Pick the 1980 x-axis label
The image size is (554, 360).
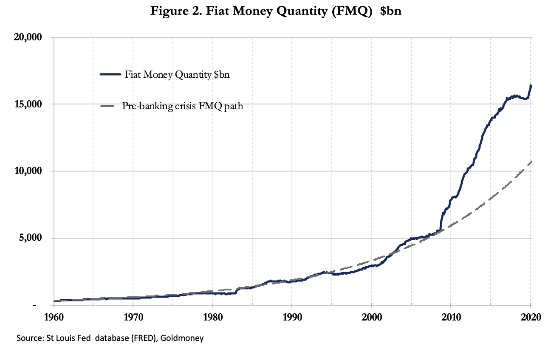click(212, 318)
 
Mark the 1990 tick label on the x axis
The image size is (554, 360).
click(292, 318)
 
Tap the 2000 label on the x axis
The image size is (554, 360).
click(371, 318)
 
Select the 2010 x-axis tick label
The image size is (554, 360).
click(451, 318)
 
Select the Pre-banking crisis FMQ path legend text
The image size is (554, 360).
click(183, 106)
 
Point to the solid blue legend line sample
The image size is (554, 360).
click(111, 75)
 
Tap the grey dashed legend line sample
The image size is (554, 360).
click(111, 106)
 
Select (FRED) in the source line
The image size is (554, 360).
click(138, 338)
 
